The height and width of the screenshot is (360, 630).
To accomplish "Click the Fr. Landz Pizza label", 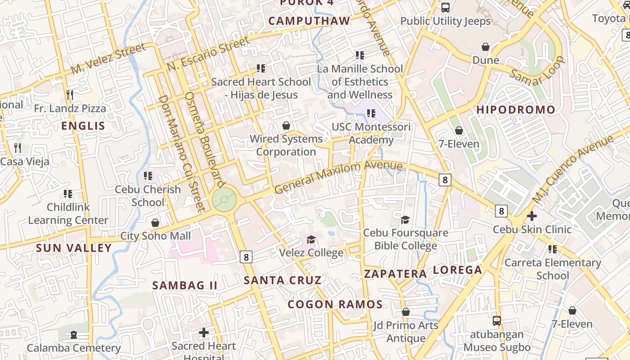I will pyautogui.click(x=70, y=108).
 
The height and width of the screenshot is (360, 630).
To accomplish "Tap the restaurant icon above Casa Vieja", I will pyautogui.click(x=18, y=148).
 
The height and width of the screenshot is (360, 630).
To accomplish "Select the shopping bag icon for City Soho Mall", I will pyautogui.click(x=155, y=223).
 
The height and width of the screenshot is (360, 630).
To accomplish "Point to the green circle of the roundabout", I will pyautogui.click(x=224, y=199).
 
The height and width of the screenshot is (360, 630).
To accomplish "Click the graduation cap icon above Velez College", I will pyautogui.click(x=311, y=239).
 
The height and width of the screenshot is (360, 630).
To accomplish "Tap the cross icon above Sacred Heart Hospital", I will pyautogui.click(x=204, y=333).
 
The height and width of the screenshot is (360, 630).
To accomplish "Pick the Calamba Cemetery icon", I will pyautogui.click(x=73, y=335).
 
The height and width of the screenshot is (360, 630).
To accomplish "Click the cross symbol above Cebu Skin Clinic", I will pyautogui.click(x=532, y=216).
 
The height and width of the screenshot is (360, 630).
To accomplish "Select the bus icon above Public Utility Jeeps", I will pyautogui.click(x=445, y=8).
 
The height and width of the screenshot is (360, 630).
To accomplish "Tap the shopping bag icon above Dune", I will pyautogui.click(x=486, y=47).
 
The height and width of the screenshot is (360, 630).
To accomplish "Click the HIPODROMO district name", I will pyautogui.click(x=516, y=110).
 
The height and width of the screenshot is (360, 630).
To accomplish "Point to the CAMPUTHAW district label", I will pyautogui.click(x=309, y=21).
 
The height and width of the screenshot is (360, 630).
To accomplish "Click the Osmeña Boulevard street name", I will pyautogui.click(x=205, y=139).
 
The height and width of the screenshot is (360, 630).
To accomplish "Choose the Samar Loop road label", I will pyautogui.click(x=537, y=71).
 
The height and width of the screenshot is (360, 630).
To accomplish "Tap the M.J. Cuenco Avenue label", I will pyautogui.click(x=572, y=169).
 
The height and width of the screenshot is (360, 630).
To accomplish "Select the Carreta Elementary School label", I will pyautogui.click(x=553, y=269).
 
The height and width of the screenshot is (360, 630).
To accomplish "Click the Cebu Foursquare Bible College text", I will pyautogui.click(x=405, y=239).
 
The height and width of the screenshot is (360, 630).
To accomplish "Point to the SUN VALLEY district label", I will pyautogui.click(x=74, y=248).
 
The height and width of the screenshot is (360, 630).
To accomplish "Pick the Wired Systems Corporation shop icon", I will pyautogui.click(x=286, y=126).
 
